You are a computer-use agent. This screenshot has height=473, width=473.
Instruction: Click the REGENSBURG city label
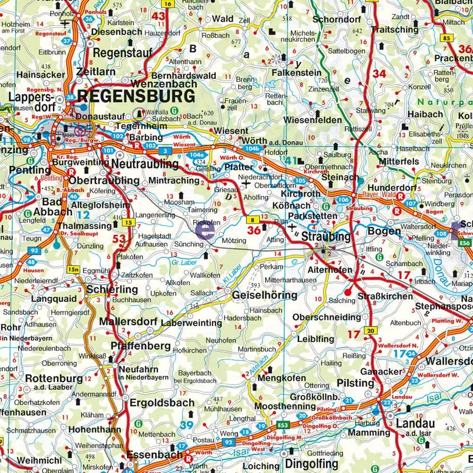[x=136, y=96]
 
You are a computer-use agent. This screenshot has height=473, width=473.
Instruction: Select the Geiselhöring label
[x=264, y=295]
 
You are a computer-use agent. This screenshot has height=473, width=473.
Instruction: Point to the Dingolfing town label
[x=311, y=463]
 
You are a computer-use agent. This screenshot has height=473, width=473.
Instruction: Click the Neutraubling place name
[x=145, y=164]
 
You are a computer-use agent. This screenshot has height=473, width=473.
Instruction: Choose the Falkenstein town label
[x=297, y=73]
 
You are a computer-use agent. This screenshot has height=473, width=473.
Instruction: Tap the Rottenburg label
[x=53, y=378]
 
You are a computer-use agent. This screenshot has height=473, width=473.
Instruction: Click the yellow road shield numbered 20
[x=370, y=331]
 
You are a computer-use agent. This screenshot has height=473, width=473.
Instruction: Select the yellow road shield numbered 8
[x=254, y=219]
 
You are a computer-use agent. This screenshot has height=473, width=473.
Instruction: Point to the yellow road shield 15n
[x=73, y=270]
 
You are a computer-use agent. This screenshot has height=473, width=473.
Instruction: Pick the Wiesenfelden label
[x=313, y=120]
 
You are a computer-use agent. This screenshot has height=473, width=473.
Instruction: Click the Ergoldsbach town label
[x=163, y=403]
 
